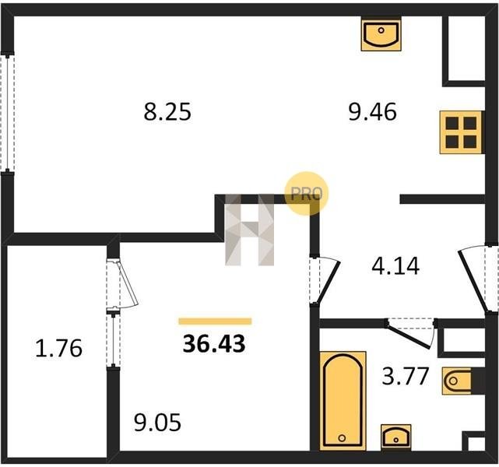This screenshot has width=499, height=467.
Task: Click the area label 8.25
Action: pyautogui.click(x=167, y=112)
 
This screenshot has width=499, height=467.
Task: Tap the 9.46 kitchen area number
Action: pyautogui.click(x=373, y=112)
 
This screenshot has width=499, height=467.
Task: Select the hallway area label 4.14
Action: pyautogui.click(x=395, y=266)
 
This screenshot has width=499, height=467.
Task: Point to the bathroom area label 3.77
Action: pyautogui.click(x=406, y=376)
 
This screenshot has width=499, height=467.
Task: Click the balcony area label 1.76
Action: pyautogui.click(x=59, y=348)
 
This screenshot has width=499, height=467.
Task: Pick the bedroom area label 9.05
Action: pyautogui.click(x=157, y=423)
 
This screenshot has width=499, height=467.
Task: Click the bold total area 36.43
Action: pyautogui.click(x=214, y=344)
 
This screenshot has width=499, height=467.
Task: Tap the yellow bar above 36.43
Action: pyautogui.click(x=215, y=321)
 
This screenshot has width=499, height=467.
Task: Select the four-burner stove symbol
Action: pyautogui.click(x=461, y=132)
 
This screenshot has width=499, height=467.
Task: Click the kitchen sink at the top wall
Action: pyautogui.click(x=381, y=33)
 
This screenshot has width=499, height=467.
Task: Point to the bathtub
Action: pyautogui.click(x=343, y=401)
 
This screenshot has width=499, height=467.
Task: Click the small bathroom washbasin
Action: pyautogui.click(x=396, y=437)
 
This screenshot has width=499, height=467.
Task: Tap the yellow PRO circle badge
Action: pyautogui.click(x=306, y=194)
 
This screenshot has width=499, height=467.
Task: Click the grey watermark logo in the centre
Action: pyautogui.click(x=249, y=230)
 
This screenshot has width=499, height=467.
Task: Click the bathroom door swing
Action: pyautogui.click(x=410, y=333)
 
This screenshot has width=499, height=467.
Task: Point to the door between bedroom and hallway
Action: pyautogui.click(x=325, y=279)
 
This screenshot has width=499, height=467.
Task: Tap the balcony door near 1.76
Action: pyautogui.click(x=122, y=284)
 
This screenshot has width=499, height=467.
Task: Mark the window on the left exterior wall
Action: pyautogui.click(x=7, y=114)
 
